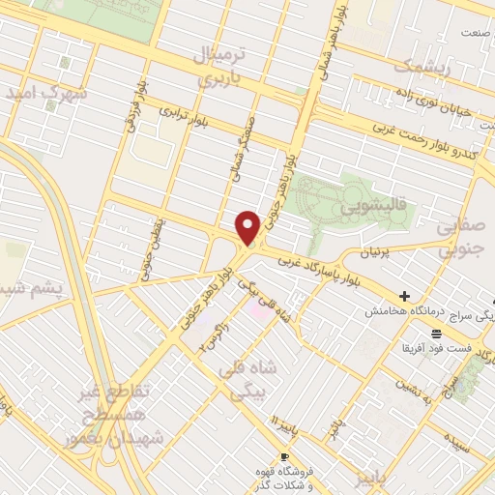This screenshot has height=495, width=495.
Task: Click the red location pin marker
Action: (248, 228)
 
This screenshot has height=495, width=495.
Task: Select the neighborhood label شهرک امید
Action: (45, 95)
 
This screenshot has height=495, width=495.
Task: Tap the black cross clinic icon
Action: (404, 296)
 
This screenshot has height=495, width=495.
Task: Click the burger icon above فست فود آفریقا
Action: (439, 332)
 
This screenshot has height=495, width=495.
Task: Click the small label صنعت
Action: (472, 33)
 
